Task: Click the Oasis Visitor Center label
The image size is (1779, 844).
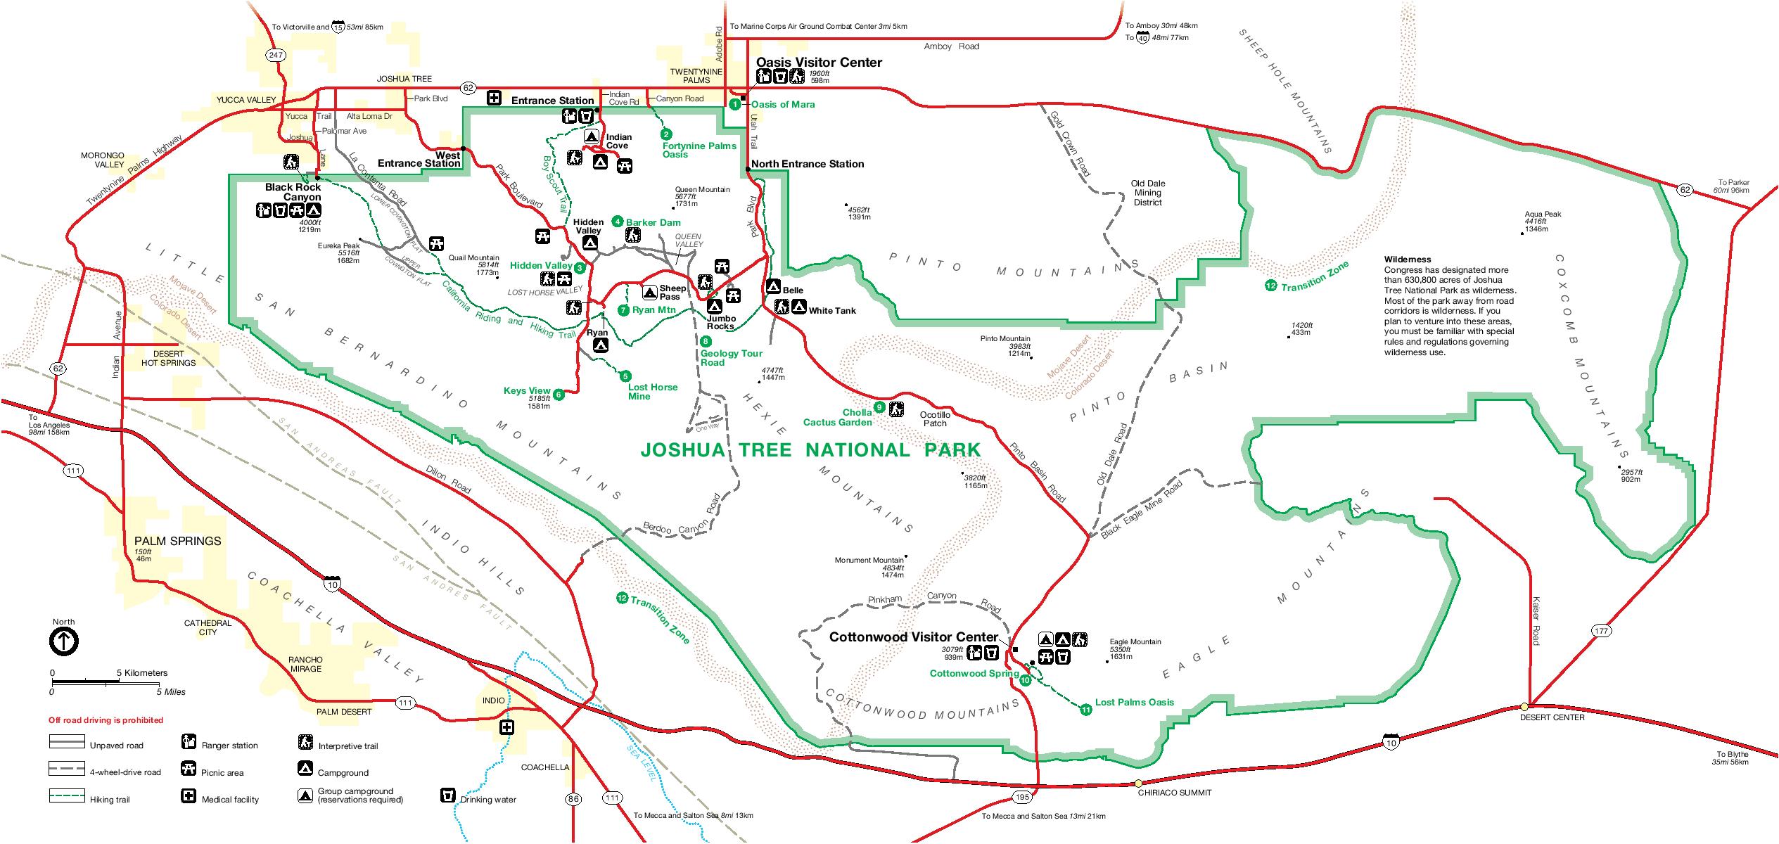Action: [x=819, y=62]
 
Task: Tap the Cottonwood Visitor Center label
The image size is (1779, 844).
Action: [x=913, y=637]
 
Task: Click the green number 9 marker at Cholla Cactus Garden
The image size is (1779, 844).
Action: [x=879, y=407]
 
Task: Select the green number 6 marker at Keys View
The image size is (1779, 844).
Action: [x=559, y=395]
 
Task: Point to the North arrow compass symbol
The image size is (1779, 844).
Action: [x=63, y=641]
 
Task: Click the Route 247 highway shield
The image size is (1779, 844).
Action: [x=274, y=54]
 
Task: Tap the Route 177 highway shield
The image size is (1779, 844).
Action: [x=1601, y=630]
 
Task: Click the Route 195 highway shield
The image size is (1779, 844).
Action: [x=1022, y=797]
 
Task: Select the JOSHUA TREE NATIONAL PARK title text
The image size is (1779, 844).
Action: [x=810, y=450]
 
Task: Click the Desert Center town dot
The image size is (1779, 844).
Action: [x=1524, y=706]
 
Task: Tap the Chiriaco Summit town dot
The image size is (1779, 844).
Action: [x=1138, y=783]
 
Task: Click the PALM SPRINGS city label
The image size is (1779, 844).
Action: [x=177, y=541]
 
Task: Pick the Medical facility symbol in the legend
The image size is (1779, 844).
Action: [x=189, y=797]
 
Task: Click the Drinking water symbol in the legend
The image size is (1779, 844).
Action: [x=446, y=796]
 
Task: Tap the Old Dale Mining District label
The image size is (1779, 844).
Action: [x=1148, y=193]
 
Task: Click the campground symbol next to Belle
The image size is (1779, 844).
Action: [x=772, y=287]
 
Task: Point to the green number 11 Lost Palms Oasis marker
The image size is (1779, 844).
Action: [x=1085, y=710]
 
